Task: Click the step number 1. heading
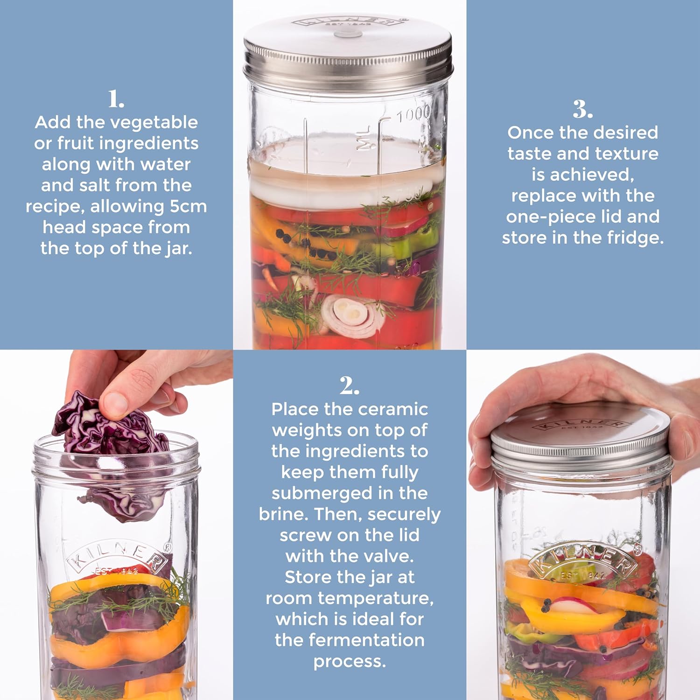tap(116, 99)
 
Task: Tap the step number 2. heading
tap(350, 386)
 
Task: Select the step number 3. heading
tap(583, 110)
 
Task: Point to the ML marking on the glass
tap(364, 138)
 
